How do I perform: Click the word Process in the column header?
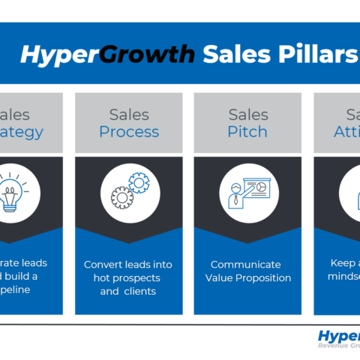click(128, 132)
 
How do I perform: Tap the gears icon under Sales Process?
click(128, 191)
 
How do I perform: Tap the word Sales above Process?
click(128, 115)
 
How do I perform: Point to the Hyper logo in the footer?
click(338, 335)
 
